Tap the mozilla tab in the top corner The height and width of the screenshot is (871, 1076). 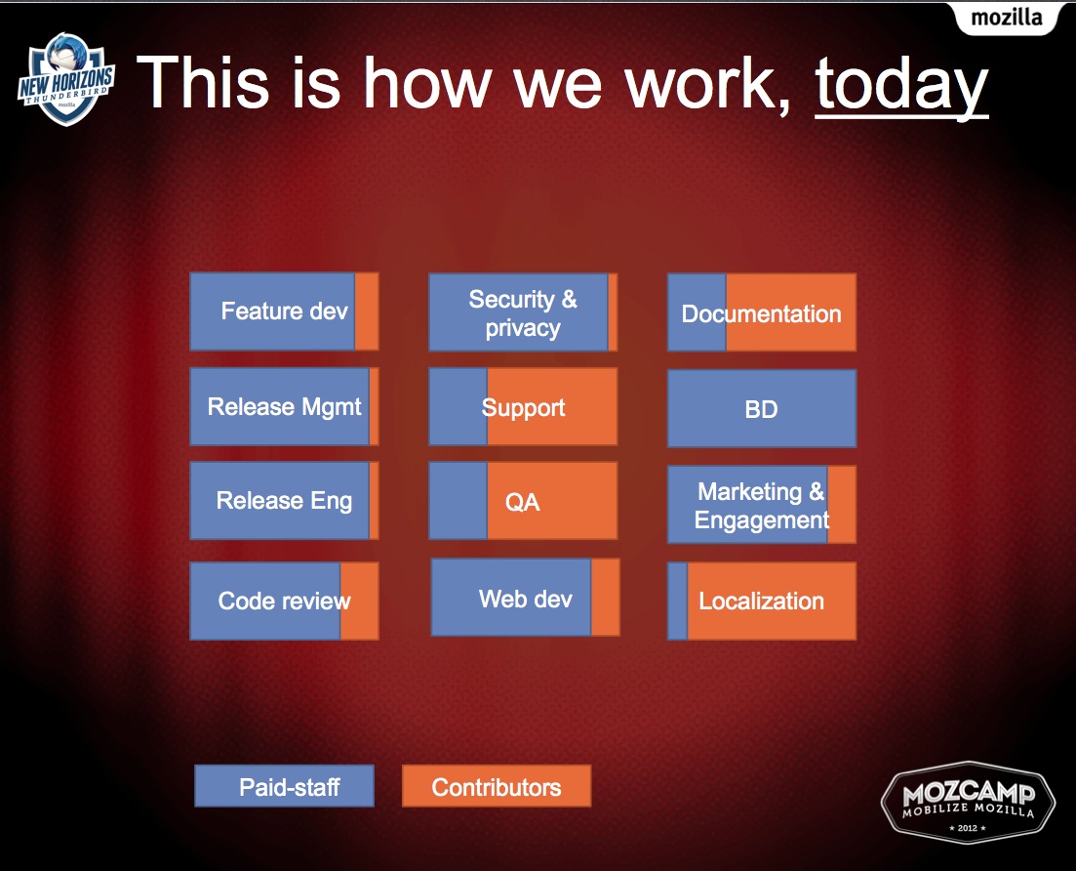click(x=1006, y=18)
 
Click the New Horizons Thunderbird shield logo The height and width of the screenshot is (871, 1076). click(x=66, y=79)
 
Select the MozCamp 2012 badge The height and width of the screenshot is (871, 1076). click(x=969, y=802)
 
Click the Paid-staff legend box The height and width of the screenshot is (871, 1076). click(x=284, y=786)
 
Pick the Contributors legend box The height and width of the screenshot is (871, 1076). click(x=497, y=786)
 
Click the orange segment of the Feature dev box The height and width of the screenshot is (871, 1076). click(x=367, y=311)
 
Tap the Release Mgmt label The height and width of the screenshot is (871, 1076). click(x=284, y=406)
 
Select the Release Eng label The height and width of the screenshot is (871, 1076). click(x=284, y=501)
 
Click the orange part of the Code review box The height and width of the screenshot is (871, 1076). click(x=360, y=601)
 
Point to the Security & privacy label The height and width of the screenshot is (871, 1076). click(x=523, y=313)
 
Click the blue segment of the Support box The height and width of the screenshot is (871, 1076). click(x=458, y=406)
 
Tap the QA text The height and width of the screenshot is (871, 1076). click(x=522, y=502)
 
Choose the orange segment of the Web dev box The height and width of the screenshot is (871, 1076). click(x=605, y=597)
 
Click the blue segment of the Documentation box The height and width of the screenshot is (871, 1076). click(x=697, y=312)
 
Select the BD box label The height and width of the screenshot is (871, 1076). click(x=761, y=409)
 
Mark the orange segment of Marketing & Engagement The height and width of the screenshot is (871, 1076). click(x=842, y=505)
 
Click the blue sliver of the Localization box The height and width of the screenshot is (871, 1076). click(x=677, y=601)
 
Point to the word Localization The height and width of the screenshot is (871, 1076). click(x=761, y=601)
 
